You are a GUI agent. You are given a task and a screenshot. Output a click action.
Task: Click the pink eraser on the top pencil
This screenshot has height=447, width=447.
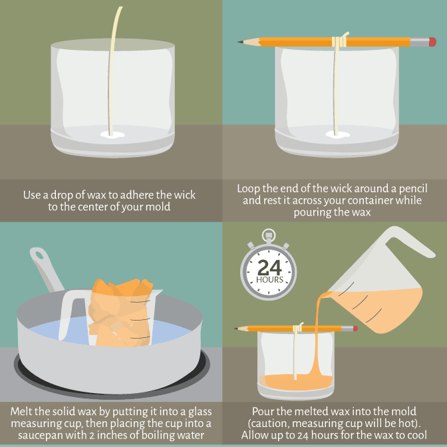pyautogui.click(x=432, y=42)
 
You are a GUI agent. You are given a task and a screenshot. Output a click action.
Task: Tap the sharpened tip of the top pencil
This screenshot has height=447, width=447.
pyautogui.click(x=240, y=43)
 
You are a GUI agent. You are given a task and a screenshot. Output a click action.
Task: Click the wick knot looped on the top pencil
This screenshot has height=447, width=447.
pyautogui.click(x=340, y=41)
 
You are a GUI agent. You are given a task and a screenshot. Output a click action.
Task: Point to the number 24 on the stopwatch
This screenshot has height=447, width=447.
pyautogui.click(x=269, y=267)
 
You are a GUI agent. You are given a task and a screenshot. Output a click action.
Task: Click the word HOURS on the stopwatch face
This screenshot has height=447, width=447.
pyautogui.click(x=269, y=280)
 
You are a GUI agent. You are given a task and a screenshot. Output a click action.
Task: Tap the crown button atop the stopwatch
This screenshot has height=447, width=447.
pyautogui.click(x=269, y=234)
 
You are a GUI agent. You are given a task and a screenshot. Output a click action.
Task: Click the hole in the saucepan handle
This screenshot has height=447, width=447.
pyautogui.click(x=37, y=255)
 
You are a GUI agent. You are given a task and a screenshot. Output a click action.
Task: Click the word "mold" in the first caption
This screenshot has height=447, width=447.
pyautogui.click(x=177, y=207)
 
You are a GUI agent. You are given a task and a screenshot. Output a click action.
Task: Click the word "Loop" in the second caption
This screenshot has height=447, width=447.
pyautogui.click(x=249, y=188)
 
